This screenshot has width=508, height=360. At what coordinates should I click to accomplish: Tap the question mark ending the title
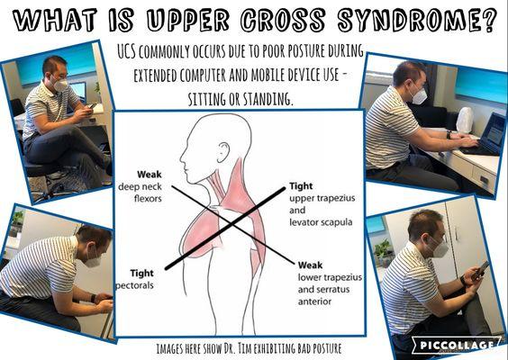[487, 20]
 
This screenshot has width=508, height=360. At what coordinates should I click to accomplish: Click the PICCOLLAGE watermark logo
[456, 345]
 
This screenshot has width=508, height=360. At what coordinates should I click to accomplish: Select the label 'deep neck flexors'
[140, 193]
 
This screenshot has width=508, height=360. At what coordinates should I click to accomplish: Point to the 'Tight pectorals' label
[135, 279]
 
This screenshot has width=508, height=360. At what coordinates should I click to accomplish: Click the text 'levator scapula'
[321, 222]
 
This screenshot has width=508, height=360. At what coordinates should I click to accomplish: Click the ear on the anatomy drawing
[222, 152]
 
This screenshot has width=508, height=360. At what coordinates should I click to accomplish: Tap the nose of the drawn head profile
[182, 157]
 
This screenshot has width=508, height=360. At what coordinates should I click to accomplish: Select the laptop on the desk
[485, 135]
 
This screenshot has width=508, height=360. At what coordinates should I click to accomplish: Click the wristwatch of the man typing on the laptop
[449, 134]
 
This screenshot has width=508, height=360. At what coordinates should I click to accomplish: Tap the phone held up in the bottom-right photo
[480, 270]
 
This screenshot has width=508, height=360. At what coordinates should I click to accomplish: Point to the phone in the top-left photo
[92, 105]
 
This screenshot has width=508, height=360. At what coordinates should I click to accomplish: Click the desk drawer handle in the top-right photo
[484, 179]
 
